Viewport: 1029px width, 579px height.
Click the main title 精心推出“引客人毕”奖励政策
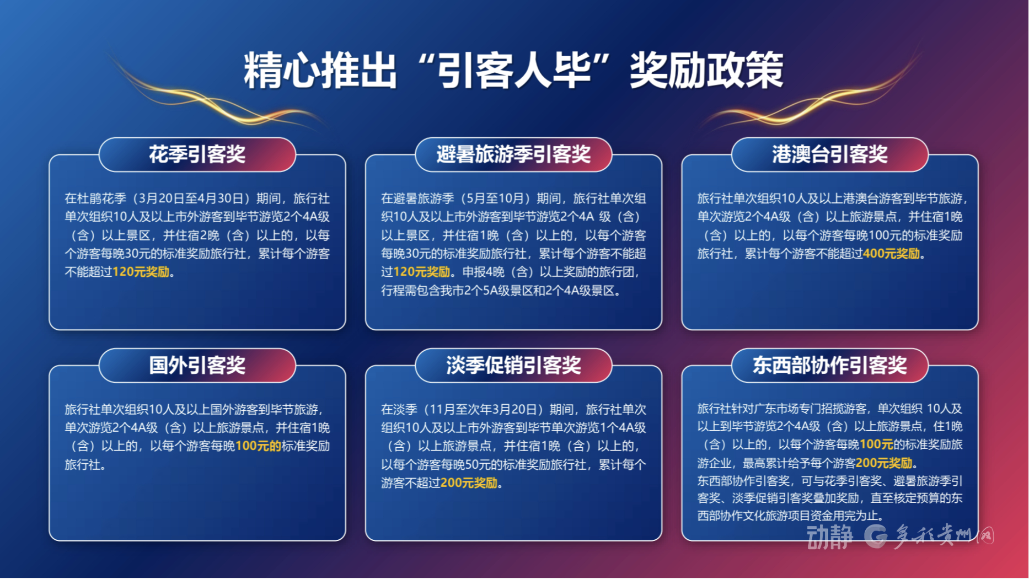point(513,71)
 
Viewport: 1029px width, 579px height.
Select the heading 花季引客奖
point(197,154)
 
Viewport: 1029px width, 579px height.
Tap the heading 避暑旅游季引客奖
point(513,154)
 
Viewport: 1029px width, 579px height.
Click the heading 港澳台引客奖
point(829,154)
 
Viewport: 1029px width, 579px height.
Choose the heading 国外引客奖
point(197,365)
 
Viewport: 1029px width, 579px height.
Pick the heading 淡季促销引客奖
point(513,365)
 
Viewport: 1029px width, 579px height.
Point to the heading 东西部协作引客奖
point(829,365)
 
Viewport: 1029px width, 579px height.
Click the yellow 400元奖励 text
point(891,254)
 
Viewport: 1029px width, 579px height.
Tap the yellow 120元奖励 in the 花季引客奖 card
point(141,272)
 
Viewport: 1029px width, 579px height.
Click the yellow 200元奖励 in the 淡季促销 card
point(469,483)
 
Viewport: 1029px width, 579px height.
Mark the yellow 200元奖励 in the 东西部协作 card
point(884,463)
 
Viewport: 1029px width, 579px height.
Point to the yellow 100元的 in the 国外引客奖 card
point(258,446)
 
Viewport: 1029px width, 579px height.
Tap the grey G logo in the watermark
point(876,536)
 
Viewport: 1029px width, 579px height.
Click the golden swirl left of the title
point(215,94)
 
